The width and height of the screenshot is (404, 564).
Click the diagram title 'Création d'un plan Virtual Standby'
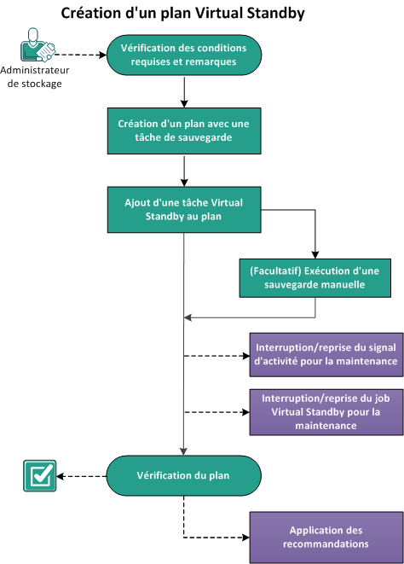coord(183,14)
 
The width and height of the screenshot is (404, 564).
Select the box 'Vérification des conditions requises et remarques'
coord(183,55)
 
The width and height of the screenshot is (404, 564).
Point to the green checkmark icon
coord(39,476)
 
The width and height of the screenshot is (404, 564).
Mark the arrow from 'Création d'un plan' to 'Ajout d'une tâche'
coord(184,171)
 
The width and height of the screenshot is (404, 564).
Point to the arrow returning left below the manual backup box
coord(247,317)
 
